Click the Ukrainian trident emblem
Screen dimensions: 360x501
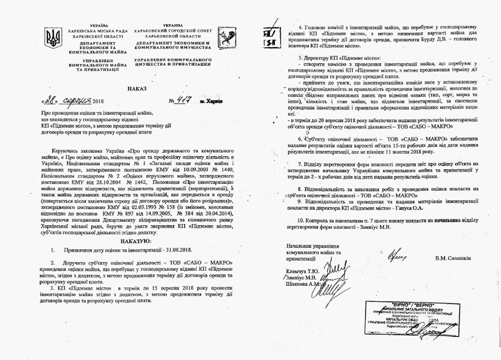click(x=55, y=39)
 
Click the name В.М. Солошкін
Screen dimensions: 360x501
click(x=458, y=257)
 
